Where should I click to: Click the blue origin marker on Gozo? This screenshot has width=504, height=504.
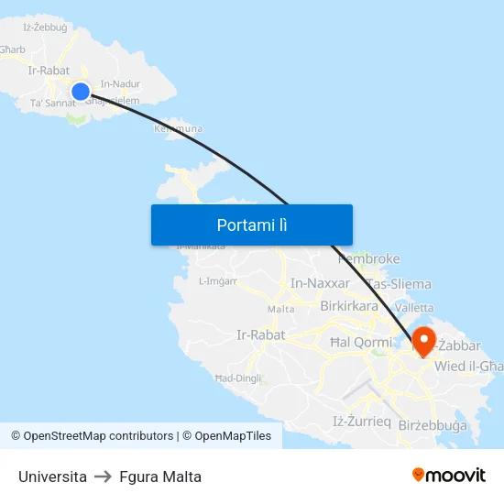81,91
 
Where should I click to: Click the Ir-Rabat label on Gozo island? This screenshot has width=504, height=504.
49,70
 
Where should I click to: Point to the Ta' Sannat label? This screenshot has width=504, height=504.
53,103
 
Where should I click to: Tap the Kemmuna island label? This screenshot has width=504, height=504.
178,129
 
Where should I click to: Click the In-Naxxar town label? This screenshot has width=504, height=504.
320,283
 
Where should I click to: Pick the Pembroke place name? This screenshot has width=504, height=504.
369,259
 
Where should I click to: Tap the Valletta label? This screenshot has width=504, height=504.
414,308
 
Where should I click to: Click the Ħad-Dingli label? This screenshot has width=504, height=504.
238,378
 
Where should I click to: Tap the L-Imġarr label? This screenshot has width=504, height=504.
217,280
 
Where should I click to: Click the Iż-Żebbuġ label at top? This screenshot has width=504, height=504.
45,27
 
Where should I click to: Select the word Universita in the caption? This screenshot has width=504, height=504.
52,477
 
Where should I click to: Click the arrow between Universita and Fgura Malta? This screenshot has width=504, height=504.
104,477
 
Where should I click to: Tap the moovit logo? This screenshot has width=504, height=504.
449,476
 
